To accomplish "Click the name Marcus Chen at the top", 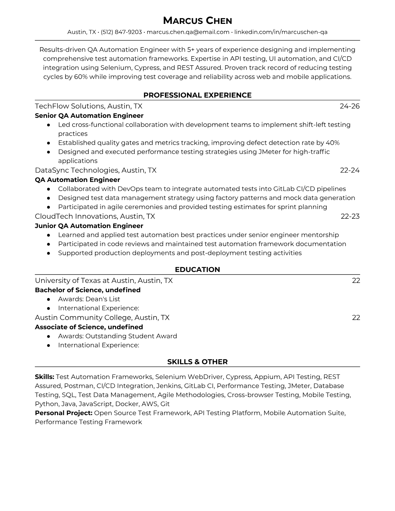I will click(197, 21).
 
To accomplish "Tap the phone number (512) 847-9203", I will click(121, 32).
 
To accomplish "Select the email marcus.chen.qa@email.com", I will click(188, 32).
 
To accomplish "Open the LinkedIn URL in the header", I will click(281, 32).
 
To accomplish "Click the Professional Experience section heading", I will click(197, 95).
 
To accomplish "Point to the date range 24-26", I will click(349, 106).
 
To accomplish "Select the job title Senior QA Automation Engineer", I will click(89, 115).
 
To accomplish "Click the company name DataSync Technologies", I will click(76, 170).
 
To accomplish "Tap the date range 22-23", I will click(350, 216).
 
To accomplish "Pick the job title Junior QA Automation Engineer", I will click(89, 226).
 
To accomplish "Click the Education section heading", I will click(197, 270).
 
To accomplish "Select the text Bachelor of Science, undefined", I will click(88, 290).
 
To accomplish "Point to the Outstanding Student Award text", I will click(131, 336).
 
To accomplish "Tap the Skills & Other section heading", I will click(197, 362).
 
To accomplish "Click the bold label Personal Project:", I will click(64, 413).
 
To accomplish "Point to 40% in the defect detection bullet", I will click(332, 143).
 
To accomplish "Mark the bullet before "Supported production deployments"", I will click(48, 253).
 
